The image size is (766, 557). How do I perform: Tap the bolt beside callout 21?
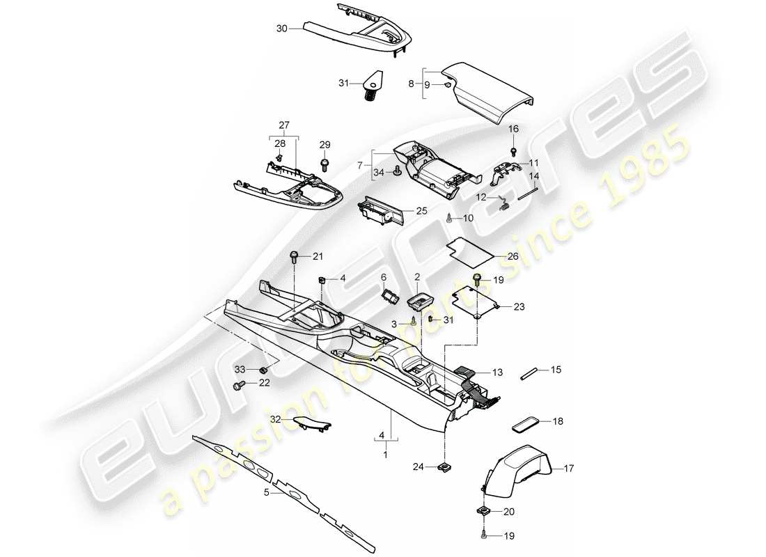[295, 258]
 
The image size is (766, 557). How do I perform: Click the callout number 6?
[383, 276]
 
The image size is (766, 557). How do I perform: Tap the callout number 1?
[382, 455]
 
